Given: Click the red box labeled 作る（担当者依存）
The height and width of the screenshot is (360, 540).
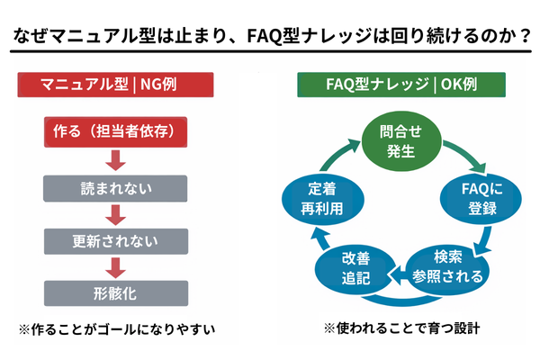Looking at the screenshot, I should [x=115, y=133].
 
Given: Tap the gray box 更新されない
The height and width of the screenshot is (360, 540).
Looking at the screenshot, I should [x=115, y=240].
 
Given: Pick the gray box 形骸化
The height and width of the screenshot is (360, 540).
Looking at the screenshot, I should [x=115, y=292].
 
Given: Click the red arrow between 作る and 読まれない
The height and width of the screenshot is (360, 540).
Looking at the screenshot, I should [x=114, y=160].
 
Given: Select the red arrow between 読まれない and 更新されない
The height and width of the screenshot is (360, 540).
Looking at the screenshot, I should [x=114, y=214].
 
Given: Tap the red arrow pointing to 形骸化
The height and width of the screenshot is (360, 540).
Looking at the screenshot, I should [x=114, y=266].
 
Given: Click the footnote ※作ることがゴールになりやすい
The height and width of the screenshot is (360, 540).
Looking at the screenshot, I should [x=115, y=328].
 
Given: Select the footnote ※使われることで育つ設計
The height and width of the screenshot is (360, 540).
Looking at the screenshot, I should [x=401, y=328].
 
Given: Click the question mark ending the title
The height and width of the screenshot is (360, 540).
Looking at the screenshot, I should [x=520, y=39].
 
